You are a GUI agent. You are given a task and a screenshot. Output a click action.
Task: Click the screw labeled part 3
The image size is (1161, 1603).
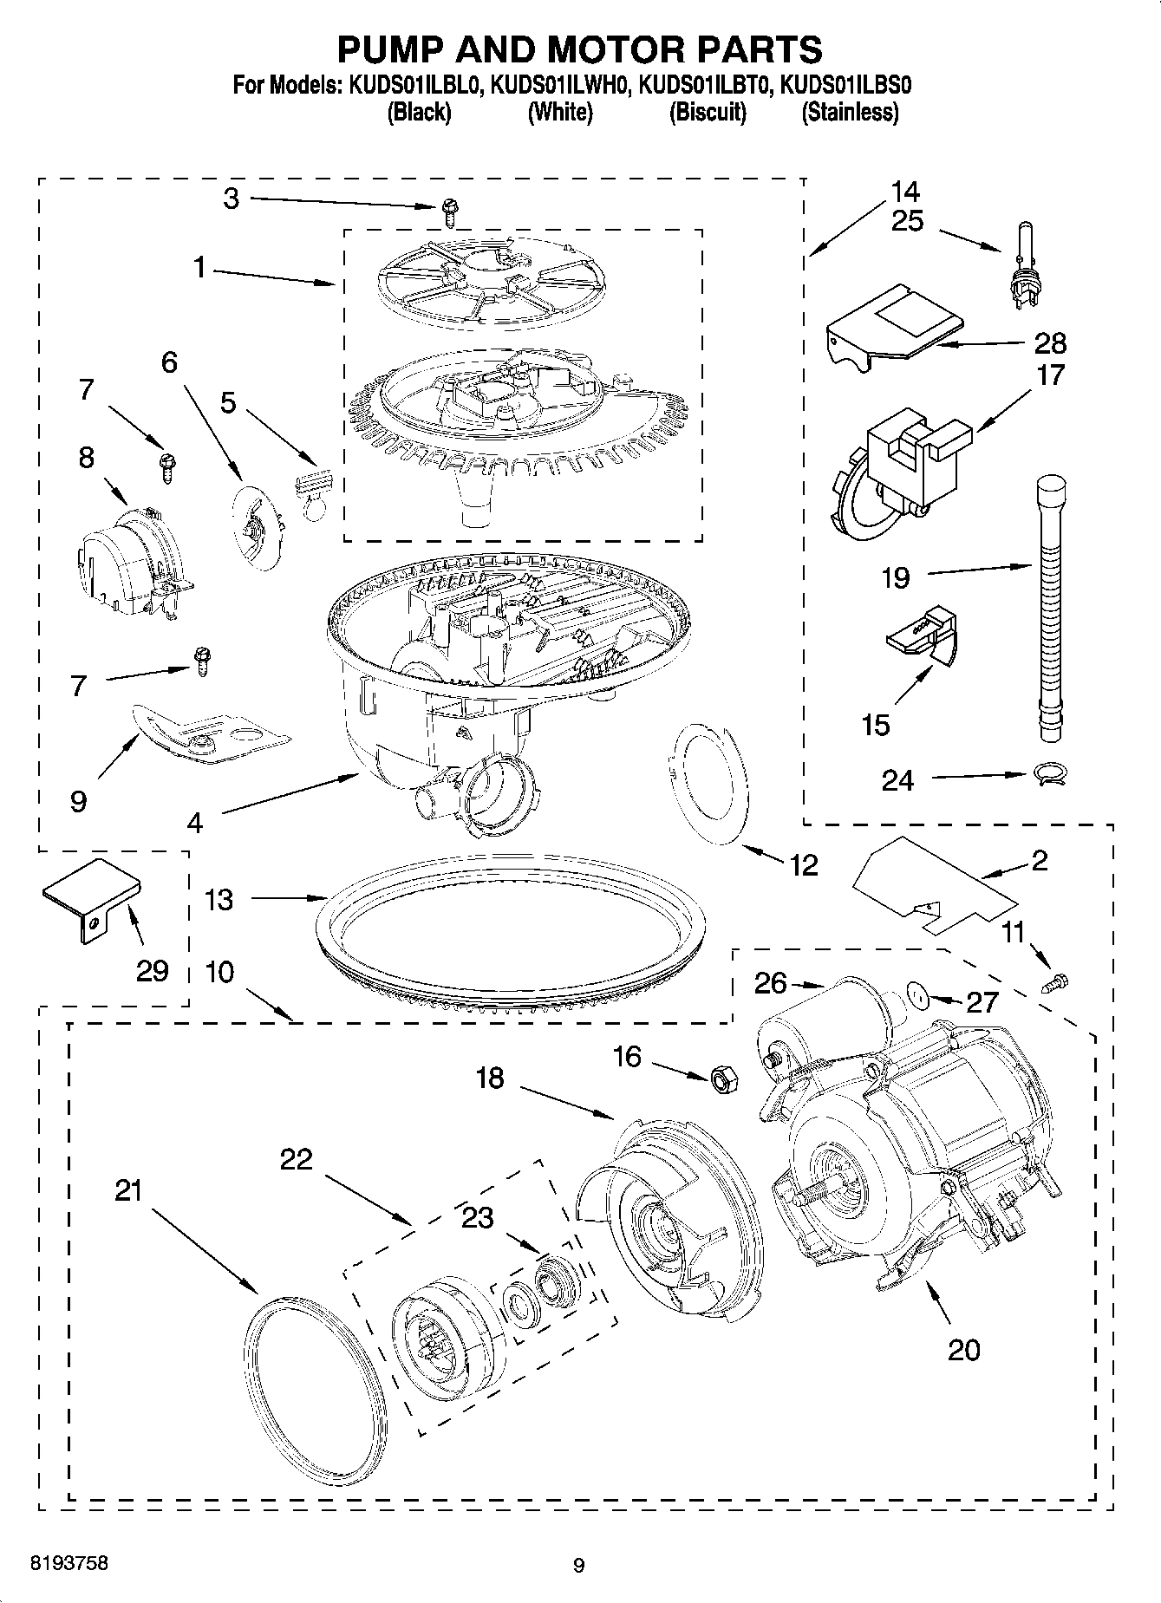coord(449,206)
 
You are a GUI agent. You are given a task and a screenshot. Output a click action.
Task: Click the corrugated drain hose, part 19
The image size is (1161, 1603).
coord(1050,607)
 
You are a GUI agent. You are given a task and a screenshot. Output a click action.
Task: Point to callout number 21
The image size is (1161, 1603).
coord(128,1191)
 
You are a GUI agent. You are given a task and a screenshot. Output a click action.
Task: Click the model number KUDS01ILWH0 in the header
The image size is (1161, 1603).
coord(559,86)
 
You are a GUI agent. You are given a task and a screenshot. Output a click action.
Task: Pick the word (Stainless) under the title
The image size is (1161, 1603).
coord(850,112)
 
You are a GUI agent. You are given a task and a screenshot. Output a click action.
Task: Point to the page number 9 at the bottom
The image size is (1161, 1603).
coord(579,1565)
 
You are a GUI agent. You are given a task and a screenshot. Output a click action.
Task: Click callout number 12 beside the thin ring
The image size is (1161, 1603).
coord(804,864)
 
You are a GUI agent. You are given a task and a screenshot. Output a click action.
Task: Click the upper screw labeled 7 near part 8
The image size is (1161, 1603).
coord(166,466)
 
